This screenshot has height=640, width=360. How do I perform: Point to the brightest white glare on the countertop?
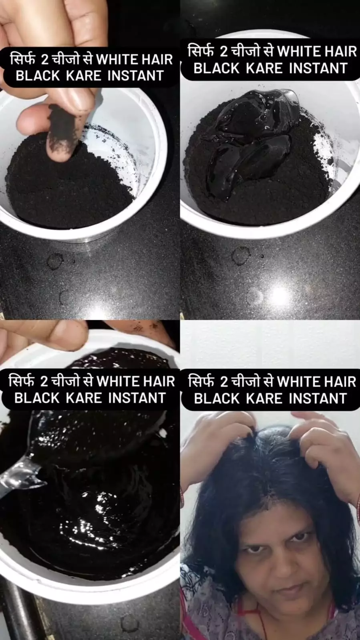pyautogui.click(x=280, y=296)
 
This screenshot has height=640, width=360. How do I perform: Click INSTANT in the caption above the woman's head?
pyautogui.click(x=318, y=398)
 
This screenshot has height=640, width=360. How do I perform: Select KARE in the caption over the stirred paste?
pyautogui.click(x=84, y=398)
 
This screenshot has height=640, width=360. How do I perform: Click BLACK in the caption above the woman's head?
pyautogui.click(x=217, y=398)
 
